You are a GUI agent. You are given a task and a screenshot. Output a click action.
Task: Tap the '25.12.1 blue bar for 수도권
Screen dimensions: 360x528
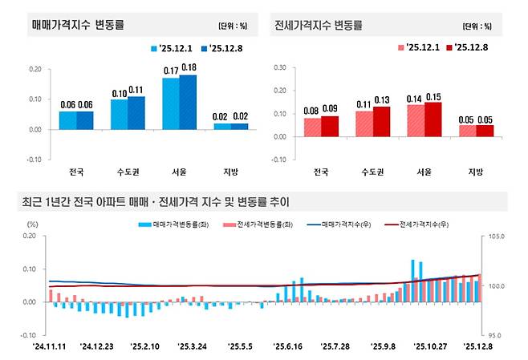119,114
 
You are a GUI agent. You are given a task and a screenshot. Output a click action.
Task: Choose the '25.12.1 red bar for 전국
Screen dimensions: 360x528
312,127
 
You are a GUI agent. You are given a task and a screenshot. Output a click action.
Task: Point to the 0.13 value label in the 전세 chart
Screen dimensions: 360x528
382,100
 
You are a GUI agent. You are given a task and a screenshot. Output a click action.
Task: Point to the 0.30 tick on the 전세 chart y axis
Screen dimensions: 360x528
281,67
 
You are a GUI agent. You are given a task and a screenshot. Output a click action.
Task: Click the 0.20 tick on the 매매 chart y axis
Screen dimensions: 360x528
35,69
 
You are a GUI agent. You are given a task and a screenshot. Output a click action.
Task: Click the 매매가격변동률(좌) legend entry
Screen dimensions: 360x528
169,225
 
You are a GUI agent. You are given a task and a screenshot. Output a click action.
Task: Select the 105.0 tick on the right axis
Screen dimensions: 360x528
495,237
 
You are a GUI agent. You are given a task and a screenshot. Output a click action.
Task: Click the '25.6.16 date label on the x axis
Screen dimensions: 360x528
287,346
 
